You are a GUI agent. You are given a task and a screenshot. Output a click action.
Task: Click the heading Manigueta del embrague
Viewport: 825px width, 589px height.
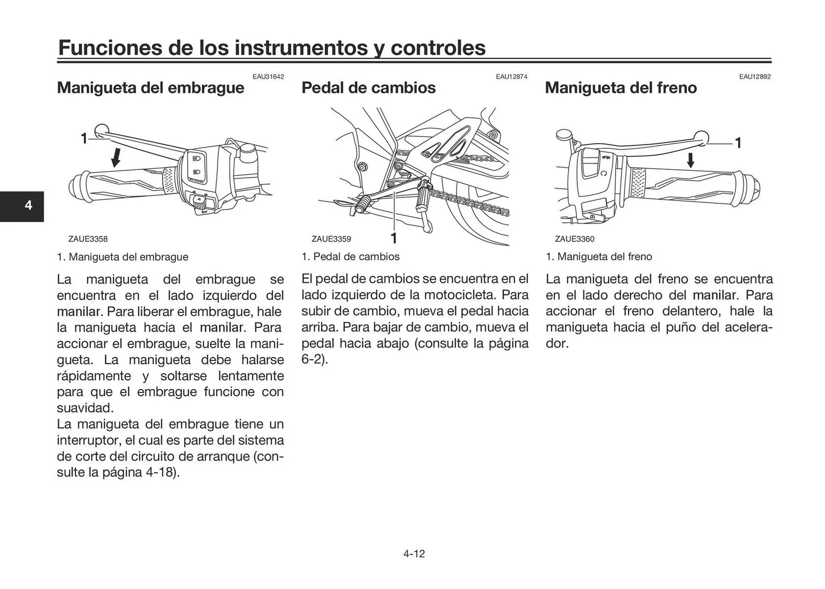click(150, 88)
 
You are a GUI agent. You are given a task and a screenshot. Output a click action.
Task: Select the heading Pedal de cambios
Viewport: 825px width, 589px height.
click(368, 88)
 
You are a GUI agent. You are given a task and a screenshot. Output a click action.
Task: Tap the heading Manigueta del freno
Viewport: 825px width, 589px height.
click(620, 88)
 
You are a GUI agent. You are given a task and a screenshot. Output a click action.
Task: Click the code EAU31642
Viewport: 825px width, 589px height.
click(268, 77)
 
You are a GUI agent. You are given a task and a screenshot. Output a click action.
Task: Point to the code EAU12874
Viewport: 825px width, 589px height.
click(511, 77)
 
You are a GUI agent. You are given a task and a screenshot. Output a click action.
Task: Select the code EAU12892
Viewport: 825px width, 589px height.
click(755, 77)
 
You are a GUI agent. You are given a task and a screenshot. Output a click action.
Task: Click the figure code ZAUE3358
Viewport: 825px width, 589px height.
click(88, 239)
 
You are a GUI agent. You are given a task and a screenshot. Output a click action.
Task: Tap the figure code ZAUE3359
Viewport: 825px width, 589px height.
click(331, 239)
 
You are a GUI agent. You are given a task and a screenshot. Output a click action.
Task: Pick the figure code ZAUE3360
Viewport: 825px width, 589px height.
click(574, 239)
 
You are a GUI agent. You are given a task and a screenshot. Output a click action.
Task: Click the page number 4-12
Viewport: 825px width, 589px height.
click(414, 554)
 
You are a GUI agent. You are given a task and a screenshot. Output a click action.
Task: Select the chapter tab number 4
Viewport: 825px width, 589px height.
click(28, 205)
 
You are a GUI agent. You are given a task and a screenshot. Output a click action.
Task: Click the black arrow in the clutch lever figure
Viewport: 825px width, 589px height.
click(116, 157)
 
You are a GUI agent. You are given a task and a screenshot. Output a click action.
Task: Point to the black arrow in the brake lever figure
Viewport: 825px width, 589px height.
click(690, 160)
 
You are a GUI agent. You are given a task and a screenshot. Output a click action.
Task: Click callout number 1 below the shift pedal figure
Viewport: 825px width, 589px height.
click(394, 238)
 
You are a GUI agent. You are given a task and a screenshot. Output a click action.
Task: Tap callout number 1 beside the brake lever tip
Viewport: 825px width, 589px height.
click(738, 142)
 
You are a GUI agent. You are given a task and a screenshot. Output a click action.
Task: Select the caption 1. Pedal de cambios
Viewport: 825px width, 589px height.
click(350, 257)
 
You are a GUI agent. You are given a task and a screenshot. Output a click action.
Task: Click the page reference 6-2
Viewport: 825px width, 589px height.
click(313, 359)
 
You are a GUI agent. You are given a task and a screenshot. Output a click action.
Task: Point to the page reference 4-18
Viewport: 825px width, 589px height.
click(161, 472)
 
